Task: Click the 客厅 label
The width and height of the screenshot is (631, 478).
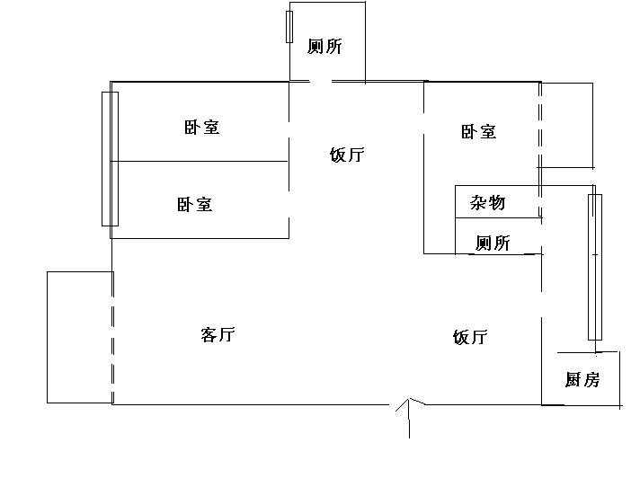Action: click(x=218, y=335)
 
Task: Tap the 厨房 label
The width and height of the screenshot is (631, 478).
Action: click(x=582, y=380)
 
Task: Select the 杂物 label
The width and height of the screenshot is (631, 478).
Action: click(x=488, y=203)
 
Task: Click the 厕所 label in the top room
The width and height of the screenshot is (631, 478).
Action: click(x=324, y=47)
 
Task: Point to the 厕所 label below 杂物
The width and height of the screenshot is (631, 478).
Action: click(x=493, y=243)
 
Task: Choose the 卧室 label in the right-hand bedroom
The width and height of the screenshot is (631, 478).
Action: click(x=478, y=132)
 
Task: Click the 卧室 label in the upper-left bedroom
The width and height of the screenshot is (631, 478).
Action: click(x=201, y=128)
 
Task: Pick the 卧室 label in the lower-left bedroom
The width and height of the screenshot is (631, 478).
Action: click(x=195, y=205)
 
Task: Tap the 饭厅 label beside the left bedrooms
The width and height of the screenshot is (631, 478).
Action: click(x=347, y=155)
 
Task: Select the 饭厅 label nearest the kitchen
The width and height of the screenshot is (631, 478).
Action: click(x=470, y=338)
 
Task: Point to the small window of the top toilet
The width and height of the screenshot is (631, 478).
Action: click(x=289, y=27)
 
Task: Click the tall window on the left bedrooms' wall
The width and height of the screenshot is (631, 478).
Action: click(x=110, y=159)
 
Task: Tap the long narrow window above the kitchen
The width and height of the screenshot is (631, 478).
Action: click(x=594, y=266)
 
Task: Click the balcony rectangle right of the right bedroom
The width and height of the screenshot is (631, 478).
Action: click(x=566, y=126)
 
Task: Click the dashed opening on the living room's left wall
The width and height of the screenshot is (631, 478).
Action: click(x=112, y=337)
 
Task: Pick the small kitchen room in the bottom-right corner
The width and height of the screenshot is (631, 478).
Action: click(x=581, y=377)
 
